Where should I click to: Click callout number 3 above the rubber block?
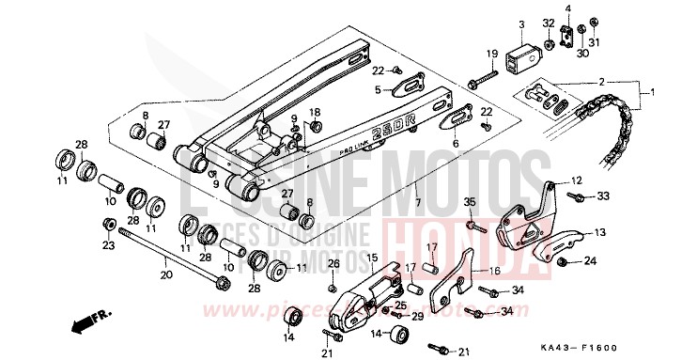(x=520, y=23)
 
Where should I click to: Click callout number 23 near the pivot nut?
(x=109, y=245)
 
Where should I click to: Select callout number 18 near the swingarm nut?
(x=316, y=112)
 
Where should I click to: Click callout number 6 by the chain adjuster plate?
(x=456, y=144)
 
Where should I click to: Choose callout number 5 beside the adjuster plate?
(x=378, y=90)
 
